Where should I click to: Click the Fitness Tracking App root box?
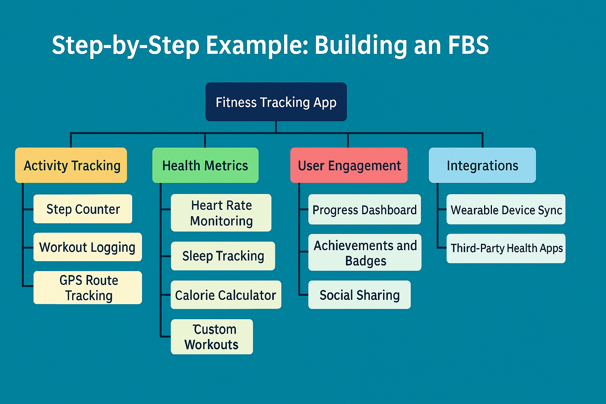click(276, 102)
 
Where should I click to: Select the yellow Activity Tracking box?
click(71, 165)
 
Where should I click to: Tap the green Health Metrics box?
click(205, 165)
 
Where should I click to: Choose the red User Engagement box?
click(349, 165)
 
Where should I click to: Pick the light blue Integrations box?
click(482, 165)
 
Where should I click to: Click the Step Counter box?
click(83, 209)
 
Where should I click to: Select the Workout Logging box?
click(88, 247)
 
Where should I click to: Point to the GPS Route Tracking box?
click(88, 288)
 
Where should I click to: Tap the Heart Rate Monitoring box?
click(221, 213)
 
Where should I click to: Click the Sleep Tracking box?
click(223, 256)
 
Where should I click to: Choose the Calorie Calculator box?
click(226, 295)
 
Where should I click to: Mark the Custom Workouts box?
click(212, 337)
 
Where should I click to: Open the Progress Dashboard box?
click(365, 209)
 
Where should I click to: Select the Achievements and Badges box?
click(365, 252)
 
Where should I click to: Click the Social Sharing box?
click(359, 295)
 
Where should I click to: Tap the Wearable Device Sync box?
click(506, 209)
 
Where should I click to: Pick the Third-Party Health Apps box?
click(506, 248)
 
